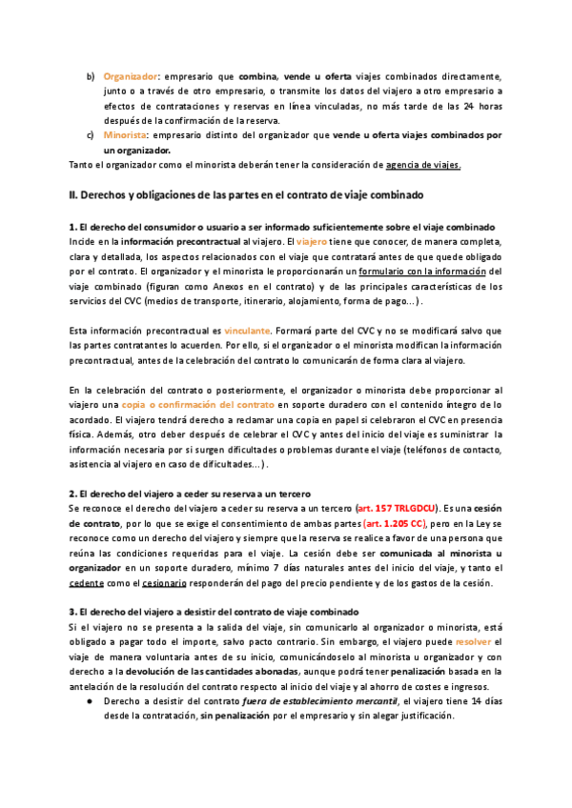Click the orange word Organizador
pos(131,74)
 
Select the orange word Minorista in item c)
pos(125,135)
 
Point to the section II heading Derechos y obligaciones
pos(247,194)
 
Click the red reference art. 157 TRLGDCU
pos(391,509)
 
